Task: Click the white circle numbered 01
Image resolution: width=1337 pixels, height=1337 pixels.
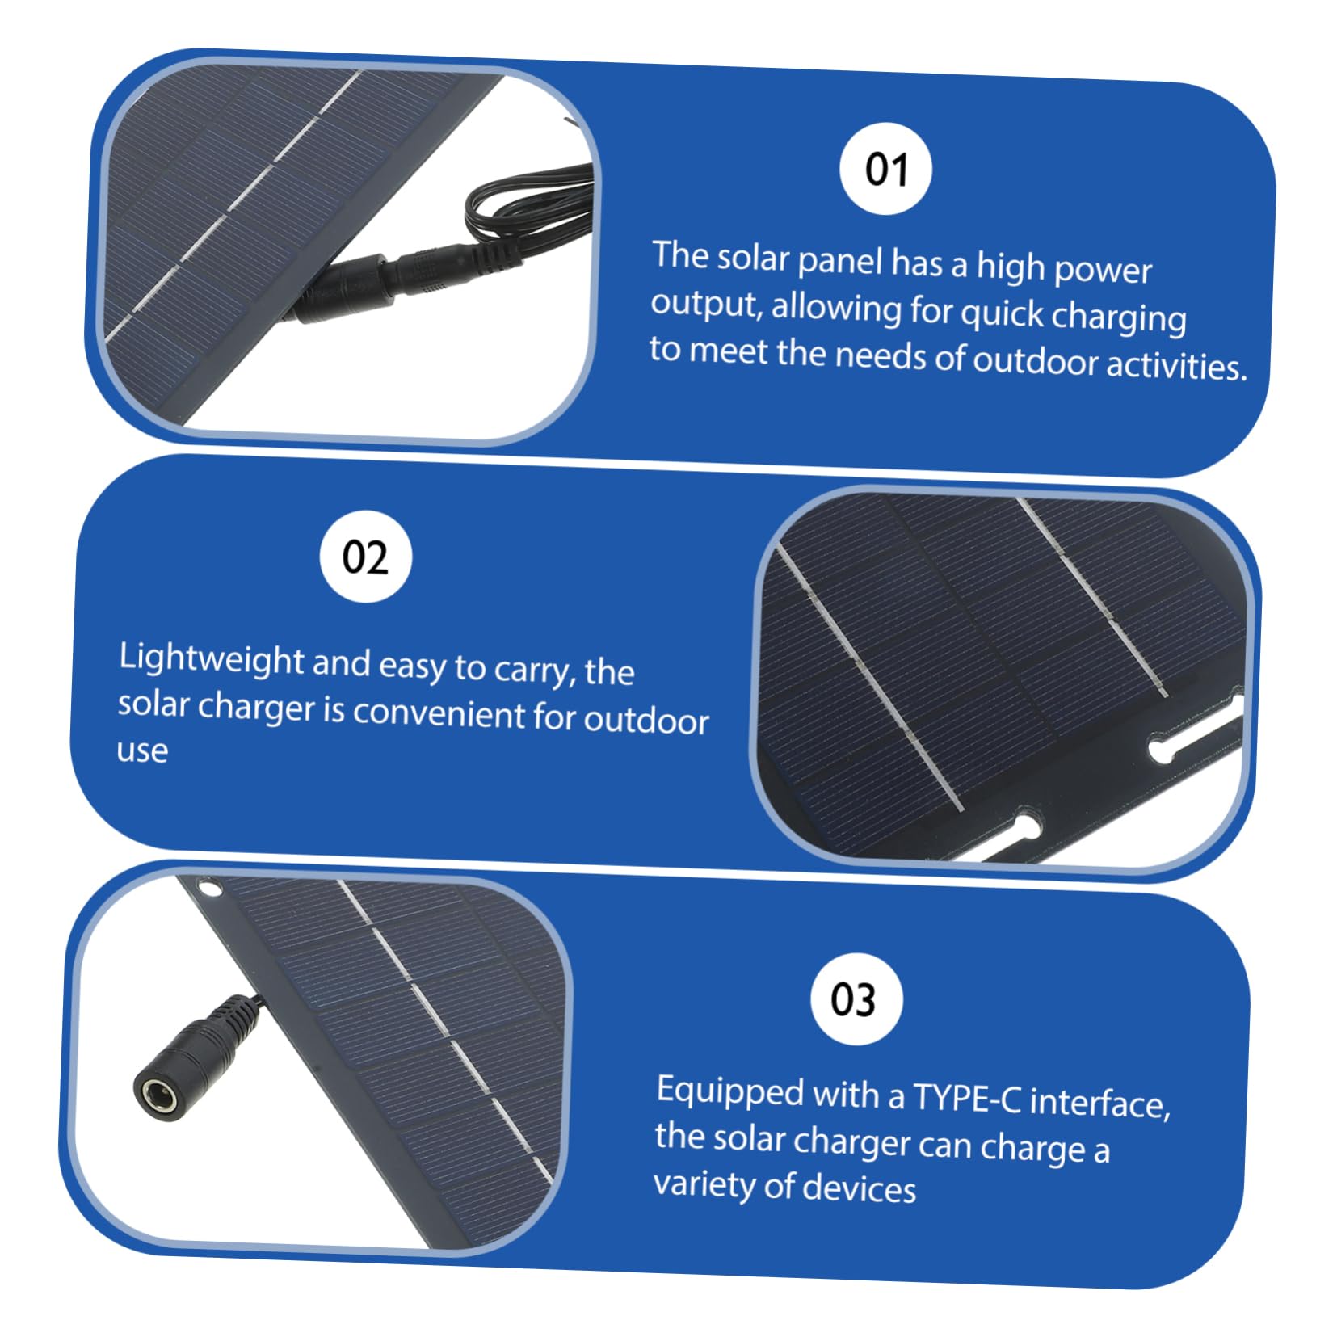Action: click(x=885, y=170)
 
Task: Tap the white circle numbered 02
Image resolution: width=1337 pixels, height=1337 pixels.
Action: click(x=365, y=557)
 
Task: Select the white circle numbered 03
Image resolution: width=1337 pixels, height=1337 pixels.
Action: click(x=855, y=999)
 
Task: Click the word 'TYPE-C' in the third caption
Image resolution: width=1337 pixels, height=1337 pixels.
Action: click(x=966, y=1098)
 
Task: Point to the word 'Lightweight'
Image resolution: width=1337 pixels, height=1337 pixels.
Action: click(x=211, y=659)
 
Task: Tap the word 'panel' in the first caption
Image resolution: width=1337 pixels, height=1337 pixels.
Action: click(x=840, y=260)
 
